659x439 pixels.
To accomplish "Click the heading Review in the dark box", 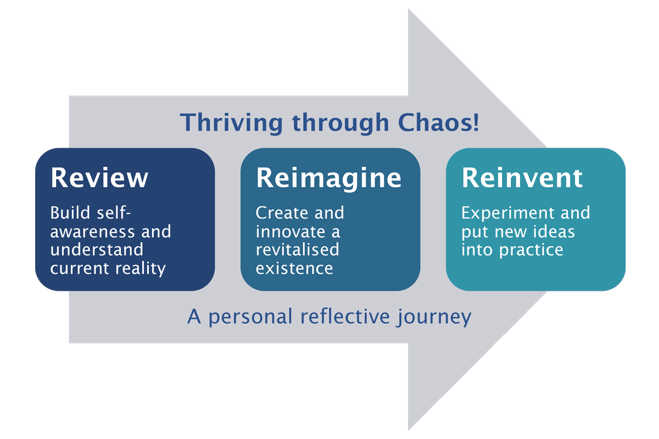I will tap(99, 178).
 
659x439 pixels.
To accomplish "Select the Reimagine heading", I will tap(328, 178).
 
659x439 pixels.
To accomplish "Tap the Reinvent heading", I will tap(522, 178).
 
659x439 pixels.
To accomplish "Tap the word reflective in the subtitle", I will tap(345, 317).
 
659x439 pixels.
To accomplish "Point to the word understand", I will tap(96, 250).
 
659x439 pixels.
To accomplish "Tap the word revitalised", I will tap(297, 250).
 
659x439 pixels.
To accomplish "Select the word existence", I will tap(294, 268).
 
